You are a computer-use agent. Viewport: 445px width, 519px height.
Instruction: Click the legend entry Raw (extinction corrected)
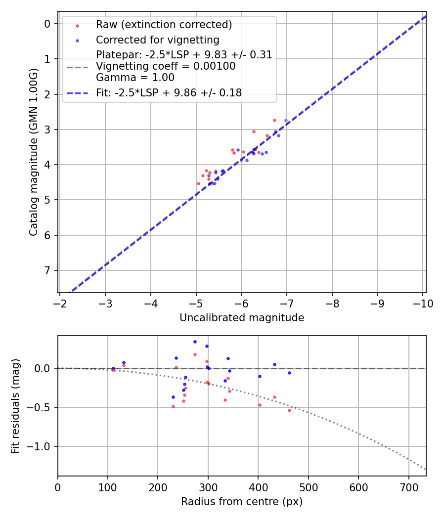pyautogui.click(x=164, y=25)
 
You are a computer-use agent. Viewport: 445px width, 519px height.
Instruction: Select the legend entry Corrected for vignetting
pyautogui.click(x=158, y=40)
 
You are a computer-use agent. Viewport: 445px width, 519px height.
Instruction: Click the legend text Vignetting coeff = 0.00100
pyautogui.click(x=166, y=66)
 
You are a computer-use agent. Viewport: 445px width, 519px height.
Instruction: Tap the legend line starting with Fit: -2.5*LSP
pyautogui.click(x=169, y=93)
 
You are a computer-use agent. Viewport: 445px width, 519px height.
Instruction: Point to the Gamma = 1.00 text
pyautogui.click(x=135, y=78)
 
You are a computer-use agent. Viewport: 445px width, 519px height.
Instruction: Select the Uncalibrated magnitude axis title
pyautogui.click(x=241, y=318)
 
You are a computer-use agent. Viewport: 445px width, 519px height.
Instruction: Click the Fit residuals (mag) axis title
pyautogui.click(x=15, y=406)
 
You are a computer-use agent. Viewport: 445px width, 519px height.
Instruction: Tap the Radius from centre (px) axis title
pyautogui.click(x=241, y=502)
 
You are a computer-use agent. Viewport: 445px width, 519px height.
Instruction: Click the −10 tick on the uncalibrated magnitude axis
pyautogui.click(x=423, y=303)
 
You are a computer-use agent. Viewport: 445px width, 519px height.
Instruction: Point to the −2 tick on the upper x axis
pyautogui.click(x=60, y=303)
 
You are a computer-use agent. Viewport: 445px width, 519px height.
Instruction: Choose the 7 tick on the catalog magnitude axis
pyautogui.click(x=47, y=270)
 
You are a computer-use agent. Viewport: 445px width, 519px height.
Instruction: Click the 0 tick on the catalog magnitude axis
pyautogui.click(x=47, y=24)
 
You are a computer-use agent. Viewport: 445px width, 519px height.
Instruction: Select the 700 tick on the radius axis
pyautogui.click(x=408, y=487)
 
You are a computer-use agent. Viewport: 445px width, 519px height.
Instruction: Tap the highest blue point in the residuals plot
pyautogui.click(x=195, y=342)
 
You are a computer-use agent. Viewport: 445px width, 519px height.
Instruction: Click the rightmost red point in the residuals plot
pyautogui.click(x=289, y=410)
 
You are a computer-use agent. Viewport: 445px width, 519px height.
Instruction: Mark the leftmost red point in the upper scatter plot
pyautogui.click(x=198, y=183)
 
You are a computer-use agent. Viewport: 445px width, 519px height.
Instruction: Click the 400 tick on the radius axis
pyautogui.click(x=258, y=487)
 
